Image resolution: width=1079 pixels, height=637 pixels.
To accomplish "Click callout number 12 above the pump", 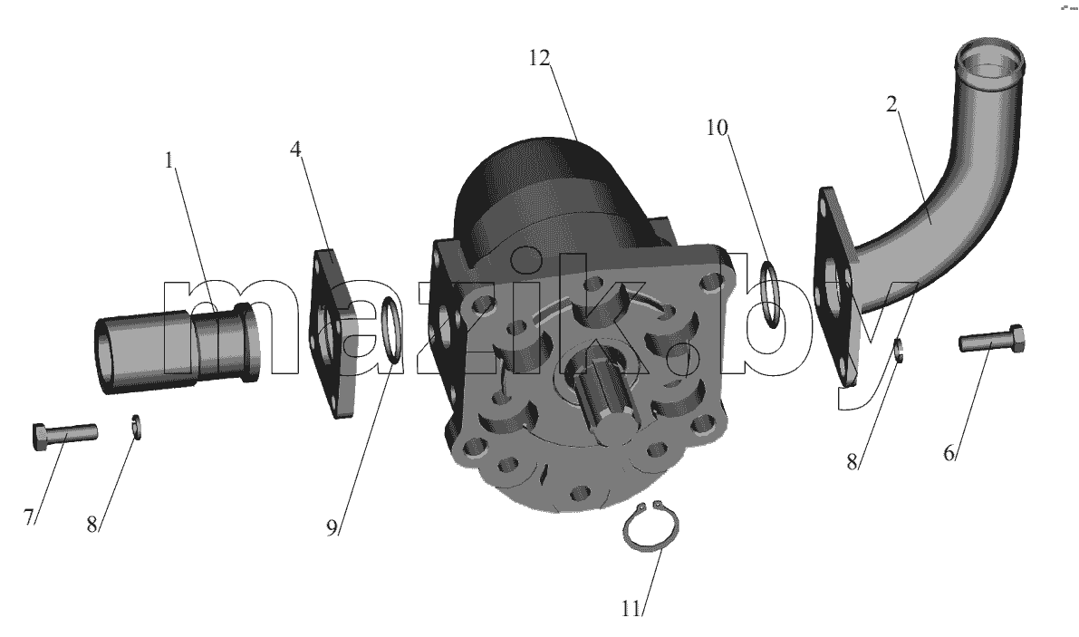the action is tap(540, 59).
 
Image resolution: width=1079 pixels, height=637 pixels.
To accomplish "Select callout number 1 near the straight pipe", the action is tap(169, 161).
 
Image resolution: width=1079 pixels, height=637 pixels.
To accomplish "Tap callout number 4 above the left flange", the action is tap(296, 149).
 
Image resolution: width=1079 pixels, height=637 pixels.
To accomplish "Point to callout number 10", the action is tap(717, 127).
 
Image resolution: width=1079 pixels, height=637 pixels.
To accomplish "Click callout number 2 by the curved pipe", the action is tap(891, 104).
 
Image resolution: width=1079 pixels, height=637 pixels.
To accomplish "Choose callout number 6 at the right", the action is tap(949, 453).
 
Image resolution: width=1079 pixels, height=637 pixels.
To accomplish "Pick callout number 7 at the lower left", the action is tap(28, 516).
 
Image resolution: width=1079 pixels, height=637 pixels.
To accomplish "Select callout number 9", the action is tap(332, 527).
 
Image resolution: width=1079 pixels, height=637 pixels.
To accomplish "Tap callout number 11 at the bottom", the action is tap(631, 609).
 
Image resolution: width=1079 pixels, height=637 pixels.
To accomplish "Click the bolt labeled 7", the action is tap(64, 436).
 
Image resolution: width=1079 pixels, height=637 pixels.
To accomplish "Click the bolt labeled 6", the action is tap(992, 339).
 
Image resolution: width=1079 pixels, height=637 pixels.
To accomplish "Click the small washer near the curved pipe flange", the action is tap(899, 350).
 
